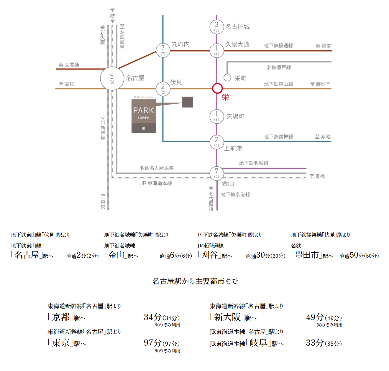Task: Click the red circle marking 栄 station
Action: [217, 88]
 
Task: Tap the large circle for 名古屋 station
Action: [112, 79]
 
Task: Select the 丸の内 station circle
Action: [163, 50]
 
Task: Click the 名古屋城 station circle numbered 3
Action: [216, 27]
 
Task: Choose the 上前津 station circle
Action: [216, 142]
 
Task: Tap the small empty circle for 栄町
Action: [227, 77]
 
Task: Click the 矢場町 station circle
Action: [216, 116]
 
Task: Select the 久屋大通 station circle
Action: [216, 50]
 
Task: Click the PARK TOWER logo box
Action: [144, 116]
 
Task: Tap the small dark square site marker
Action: [188, 102]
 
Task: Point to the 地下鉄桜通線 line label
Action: [278, 46]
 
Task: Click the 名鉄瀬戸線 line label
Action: [279, 67]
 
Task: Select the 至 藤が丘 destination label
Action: [320, 84]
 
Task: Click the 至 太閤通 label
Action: [69, 65]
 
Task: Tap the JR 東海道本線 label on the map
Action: [156, 183]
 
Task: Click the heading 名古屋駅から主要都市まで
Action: [195, 281]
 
